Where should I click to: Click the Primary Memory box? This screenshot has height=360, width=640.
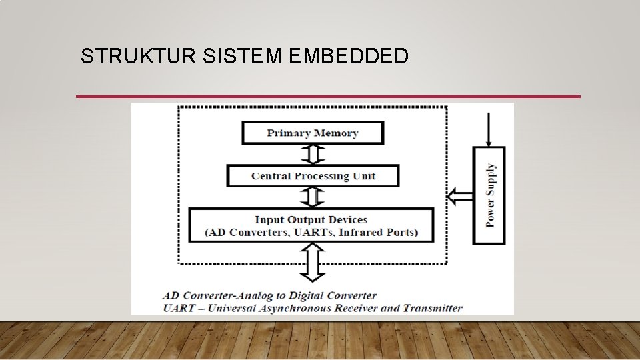click(313, 133)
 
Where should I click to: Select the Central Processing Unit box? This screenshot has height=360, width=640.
click(313, 176)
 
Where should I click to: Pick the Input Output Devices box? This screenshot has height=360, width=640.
click(311, 225)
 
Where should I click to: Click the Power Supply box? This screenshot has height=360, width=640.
click(489, 195)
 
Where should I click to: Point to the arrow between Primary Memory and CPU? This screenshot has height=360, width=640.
click(313, 154)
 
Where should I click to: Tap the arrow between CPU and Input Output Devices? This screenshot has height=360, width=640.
click(313, 197)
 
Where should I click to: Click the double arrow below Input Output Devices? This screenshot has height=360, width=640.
click(313, 262)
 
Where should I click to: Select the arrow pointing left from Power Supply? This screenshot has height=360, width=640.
click(459, 196)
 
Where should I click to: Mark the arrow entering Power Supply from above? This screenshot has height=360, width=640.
click(489, 129)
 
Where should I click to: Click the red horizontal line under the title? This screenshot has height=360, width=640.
click(328, 97)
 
